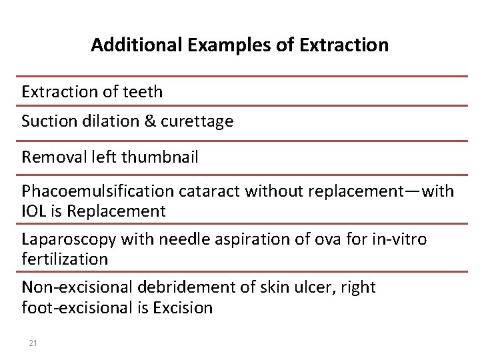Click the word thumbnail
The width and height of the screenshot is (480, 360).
point(159,157)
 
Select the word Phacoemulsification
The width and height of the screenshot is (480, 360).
point(98,192)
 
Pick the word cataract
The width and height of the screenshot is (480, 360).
point(211,192)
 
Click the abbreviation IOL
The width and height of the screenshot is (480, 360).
point(34,211)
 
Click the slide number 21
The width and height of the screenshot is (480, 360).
point(33,343)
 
